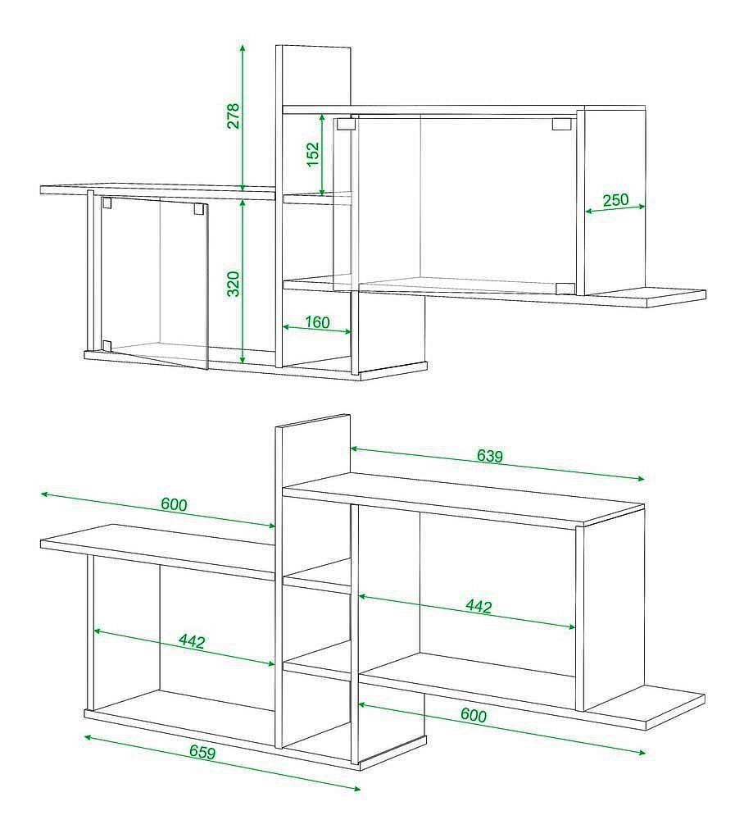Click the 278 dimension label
click(x=233, y=116)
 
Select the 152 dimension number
click(x=313, y=154)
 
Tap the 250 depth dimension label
click(x=615, y=200)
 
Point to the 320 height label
click(x=233, y=284)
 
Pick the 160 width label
click(x=317, y=322)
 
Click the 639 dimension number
click(x=490, y=456)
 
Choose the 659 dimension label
click(x=202, y=753)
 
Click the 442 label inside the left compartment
click(x=191, y=641)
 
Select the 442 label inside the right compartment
click(x=479, y=607)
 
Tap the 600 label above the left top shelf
click(x=174, y=505)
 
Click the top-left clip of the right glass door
click(x=346, y=125)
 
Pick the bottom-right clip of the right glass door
click(x=565, y=288)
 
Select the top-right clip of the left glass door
click(x=198, y=209)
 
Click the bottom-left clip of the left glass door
click(x=107, y=346)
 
